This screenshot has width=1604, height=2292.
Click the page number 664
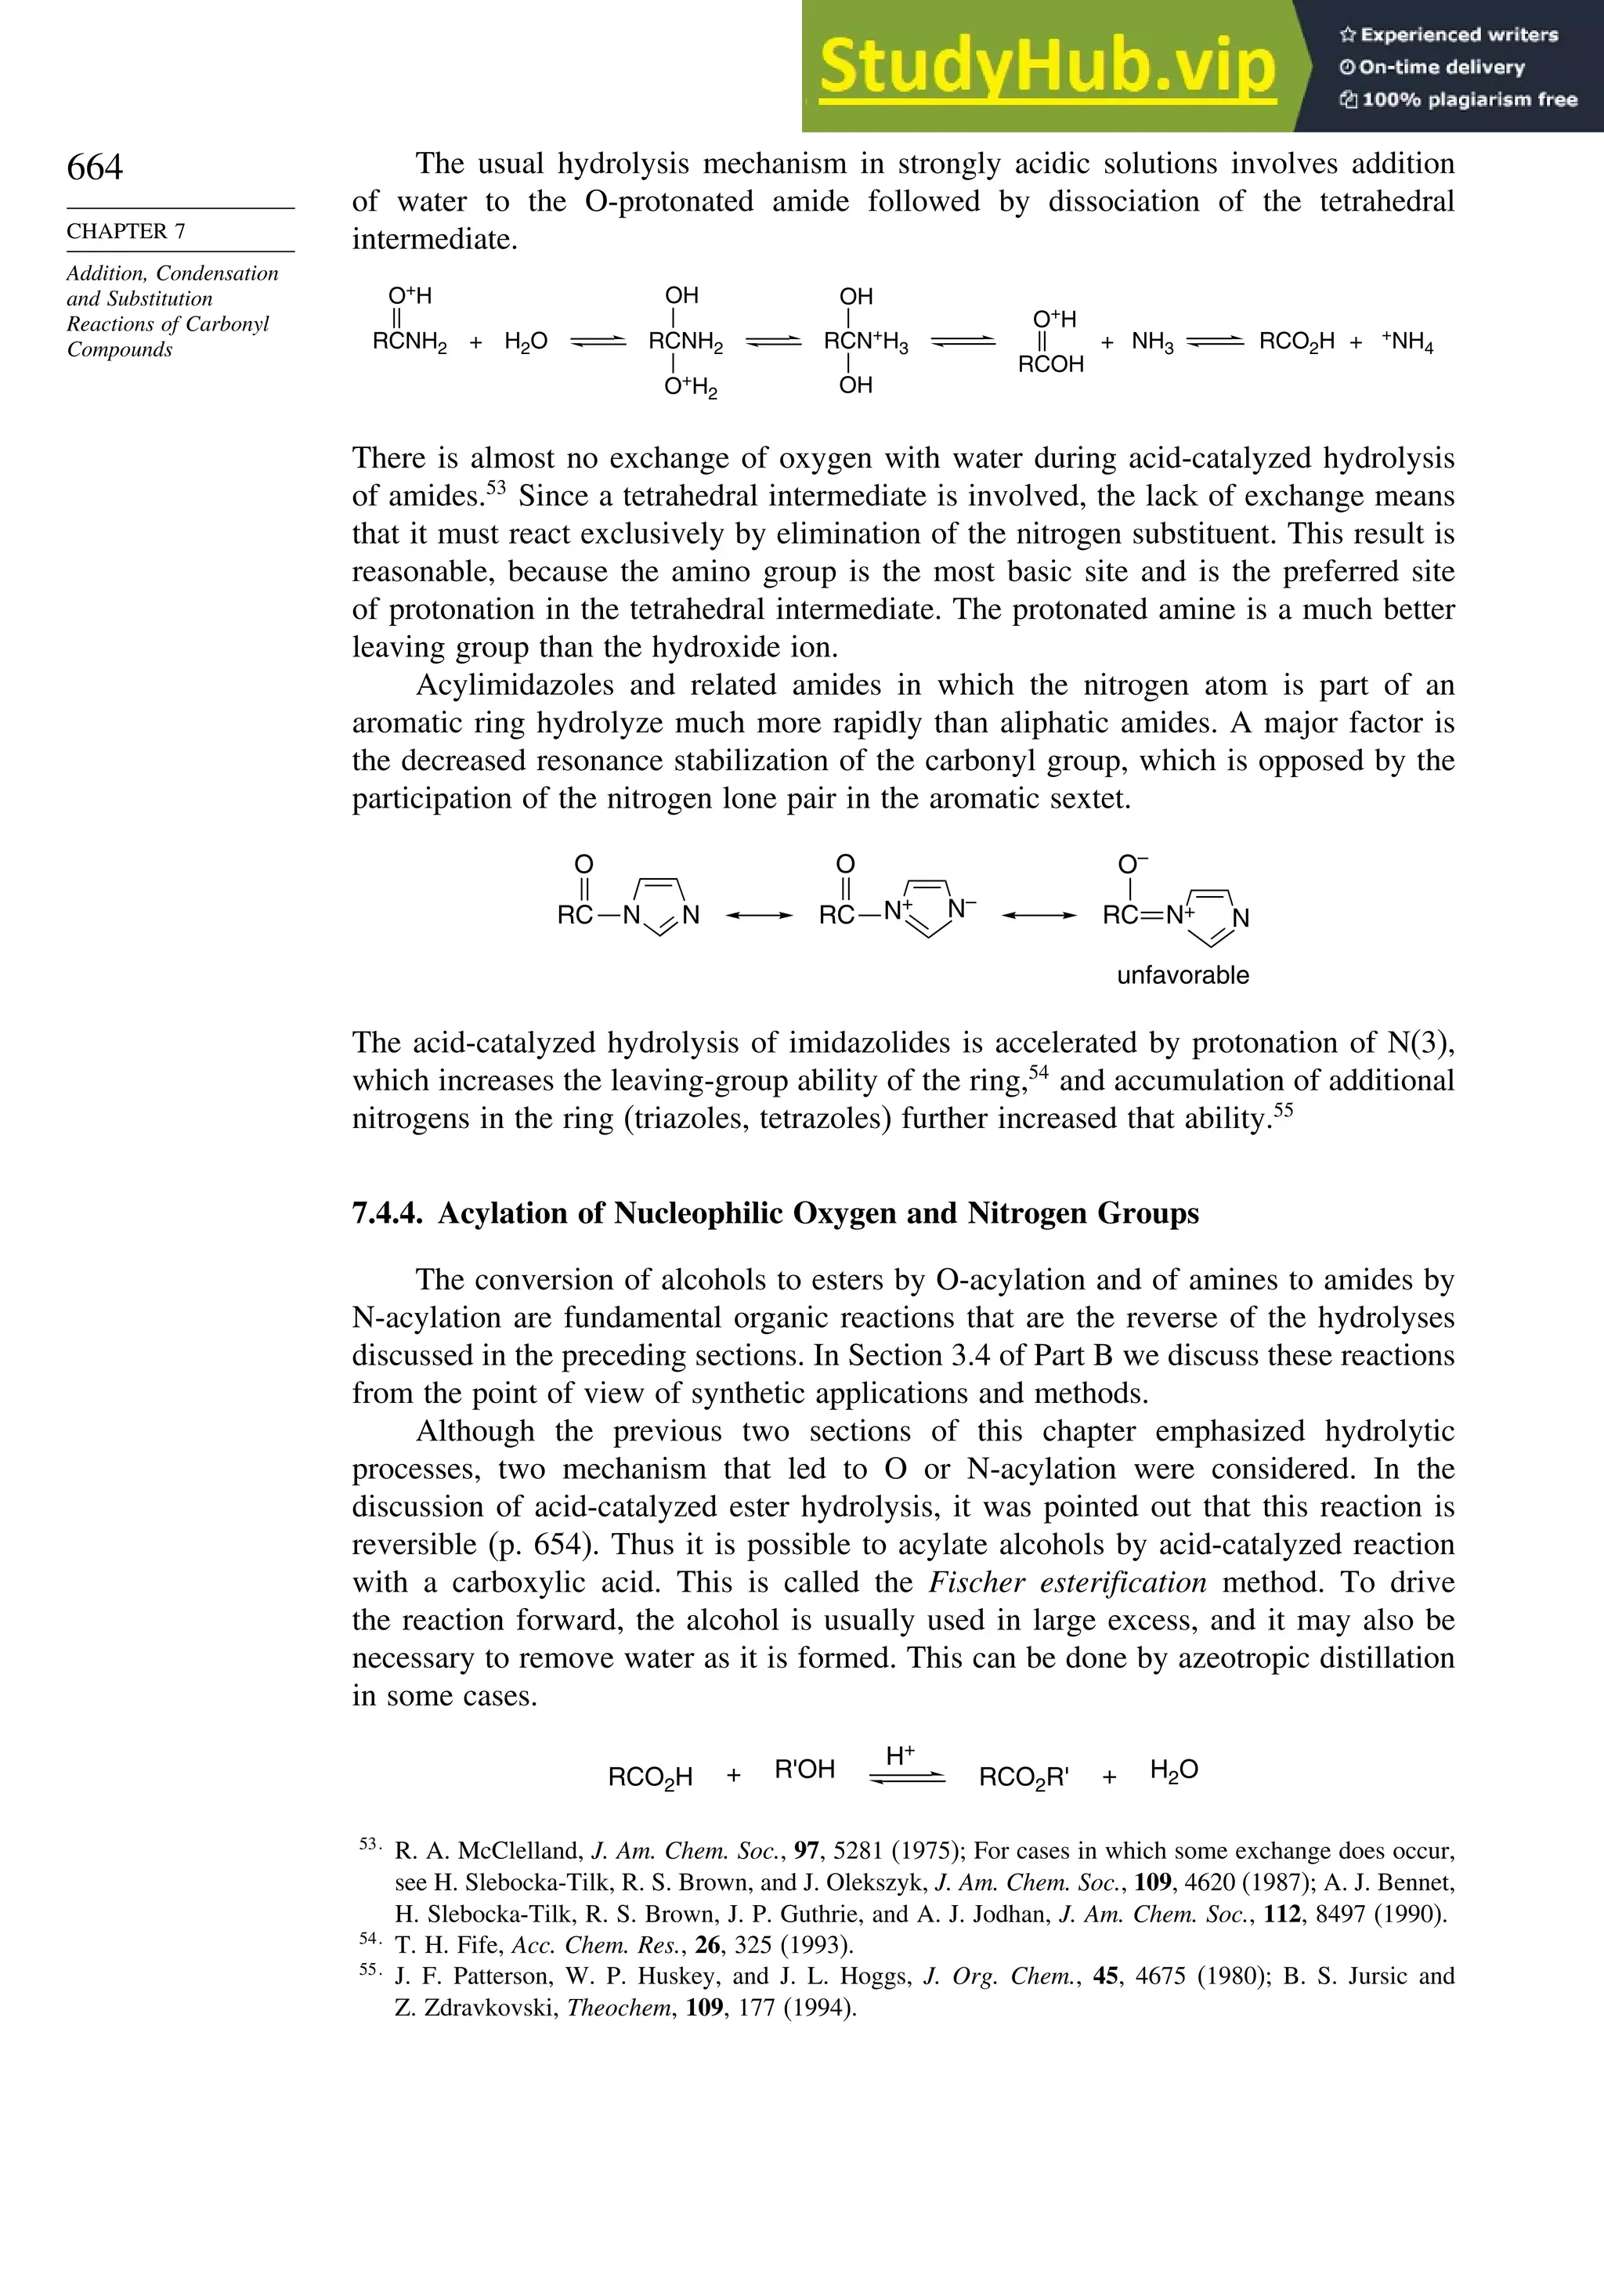pyautogui.click(x=95, y=167)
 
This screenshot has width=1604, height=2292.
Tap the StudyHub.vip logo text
pyautogui.click(x=1047, y=67)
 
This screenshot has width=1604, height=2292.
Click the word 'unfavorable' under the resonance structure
pyautogui.click(x=1182, y=974)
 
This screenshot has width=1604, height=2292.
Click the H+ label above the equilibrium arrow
pyautogui.click(x=901, y=1755)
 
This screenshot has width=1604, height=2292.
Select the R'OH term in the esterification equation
pyautogui.click(x=804, y=1770)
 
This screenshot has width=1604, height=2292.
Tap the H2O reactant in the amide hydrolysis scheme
pyautogui.click(x=526, y=342)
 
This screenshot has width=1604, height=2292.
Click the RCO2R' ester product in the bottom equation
pyautogui.click(x=1023, y=1777)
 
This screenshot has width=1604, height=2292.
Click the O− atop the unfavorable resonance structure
pyautogui.click(x=1132, y=863)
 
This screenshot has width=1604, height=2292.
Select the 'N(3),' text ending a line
pyautogui.click(x=1421, y=1042)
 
